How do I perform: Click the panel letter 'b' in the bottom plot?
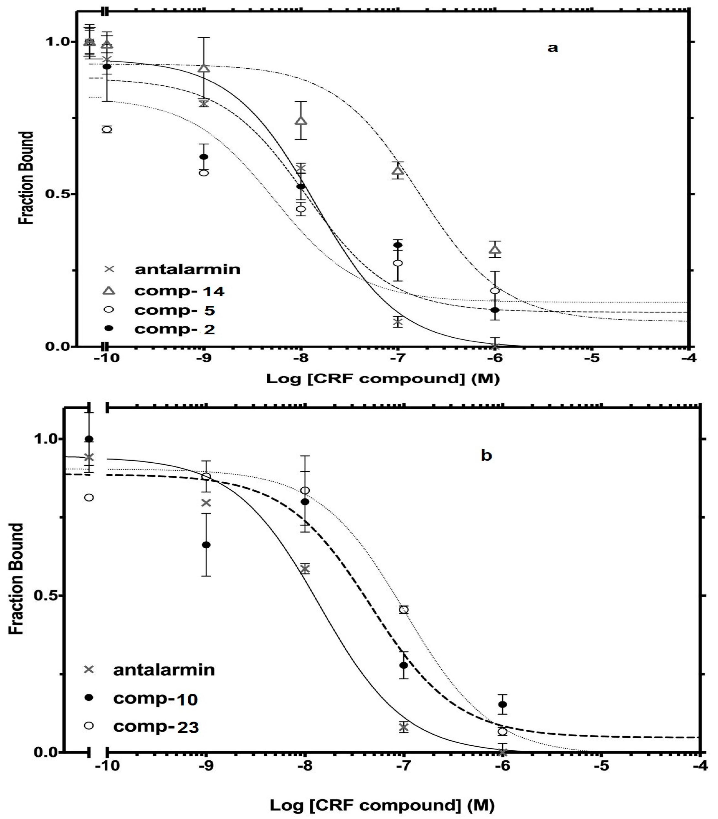click(486, 456)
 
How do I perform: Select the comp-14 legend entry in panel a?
click(179, 291)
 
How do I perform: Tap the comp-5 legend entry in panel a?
click(175, 310)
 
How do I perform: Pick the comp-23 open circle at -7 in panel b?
click(404, 609)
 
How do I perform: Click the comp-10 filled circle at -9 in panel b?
click(206, 544)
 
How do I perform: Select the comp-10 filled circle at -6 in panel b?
click(503, 704)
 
